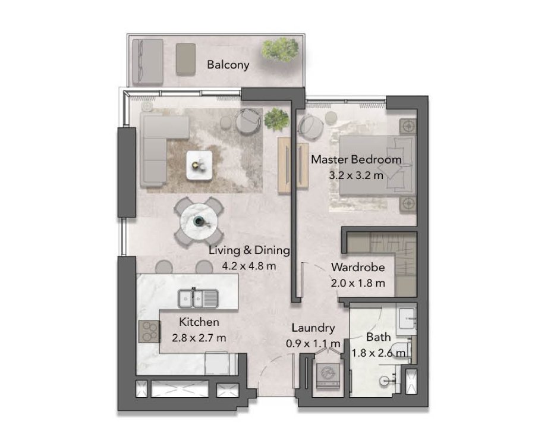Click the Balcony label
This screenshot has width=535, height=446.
tap(228, 64)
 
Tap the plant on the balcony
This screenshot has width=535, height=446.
tap(280, 50)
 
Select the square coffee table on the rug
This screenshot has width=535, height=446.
tap(199, 165)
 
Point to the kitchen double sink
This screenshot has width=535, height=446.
tap(198, 299)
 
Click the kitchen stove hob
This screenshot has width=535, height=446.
tap(149, 332)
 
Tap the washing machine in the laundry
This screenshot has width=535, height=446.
tap(328, 375)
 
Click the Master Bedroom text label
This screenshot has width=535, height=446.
tap(356, 159)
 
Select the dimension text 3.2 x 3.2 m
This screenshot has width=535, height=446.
tap(356, 175)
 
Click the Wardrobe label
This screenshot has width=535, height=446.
tap(358, 267)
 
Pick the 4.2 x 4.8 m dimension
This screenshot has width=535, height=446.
tap(248, 266)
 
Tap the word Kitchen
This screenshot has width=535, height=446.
tap(199, 322)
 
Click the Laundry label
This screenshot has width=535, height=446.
tap(313, 328)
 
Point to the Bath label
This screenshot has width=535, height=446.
tap(379, 337)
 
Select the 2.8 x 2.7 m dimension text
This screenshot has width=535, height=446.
tap(199, 338)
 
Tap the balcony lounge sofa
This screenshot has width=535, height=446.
tap(147, 61)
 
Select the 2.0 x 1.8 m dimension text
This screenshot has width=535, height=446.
tap(358, 283)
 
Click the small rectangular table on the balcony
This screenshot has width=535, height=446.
tap(185, 59)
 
